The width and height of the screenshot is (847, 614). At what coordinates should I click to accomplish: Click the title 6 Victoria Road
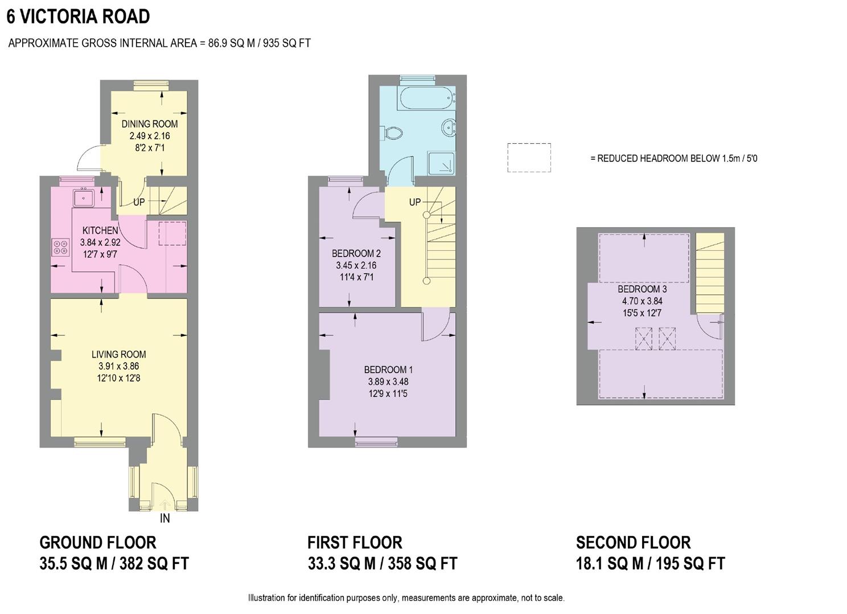click(x=78, y=16)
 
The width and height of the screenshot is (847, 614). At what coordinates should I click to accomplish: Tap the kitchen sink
click(x=84, y=197)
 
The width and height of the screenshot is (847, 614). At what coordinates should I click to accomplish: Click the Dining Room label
click(x=150, y=123)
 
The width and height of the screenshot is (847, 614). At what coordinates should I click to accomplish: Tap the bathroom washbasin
click(x=450, y=127)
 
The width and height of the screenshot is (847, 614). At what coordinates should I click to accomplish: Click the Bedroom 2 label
click(x=356, y=254)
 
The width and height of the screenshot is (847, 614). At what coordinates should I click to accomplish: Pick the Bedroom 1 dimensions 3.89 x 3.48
click(x=388, y=382)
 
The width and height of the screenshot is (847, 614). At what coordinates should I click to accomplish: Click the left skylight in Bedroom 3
click(x=644, y=339)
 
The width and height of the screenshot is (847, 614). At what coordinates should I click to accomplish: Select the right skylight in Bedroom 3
click(x=667, y=339)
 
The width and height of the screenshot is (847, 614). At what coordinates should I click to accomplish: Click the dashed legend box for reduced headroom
click(x=529, y=157)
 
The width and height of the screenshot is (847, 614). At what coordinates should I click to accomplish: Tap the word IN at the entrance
click(x=165, y=518)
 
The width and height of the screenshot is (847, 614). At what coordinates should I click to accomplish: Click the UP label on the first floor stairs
click(x=415, y=202)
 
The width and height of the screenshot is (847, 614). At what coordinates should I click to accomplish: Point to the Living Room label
click(x=118, y=354)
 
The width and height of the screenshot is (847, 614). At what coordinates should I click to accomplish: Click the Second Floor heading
click(x=633, y=542)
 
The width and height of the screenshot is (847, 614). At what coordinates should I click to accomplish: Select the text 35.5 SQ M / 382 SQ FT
click(x=114, y=563)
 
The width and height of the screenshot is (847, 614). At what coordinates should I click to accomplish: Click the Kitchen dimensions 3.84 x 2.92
click(x=101, y=242)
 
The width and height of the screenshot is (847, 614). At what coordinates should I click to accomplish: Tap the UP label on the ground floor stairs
click(x=139, y=202)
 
